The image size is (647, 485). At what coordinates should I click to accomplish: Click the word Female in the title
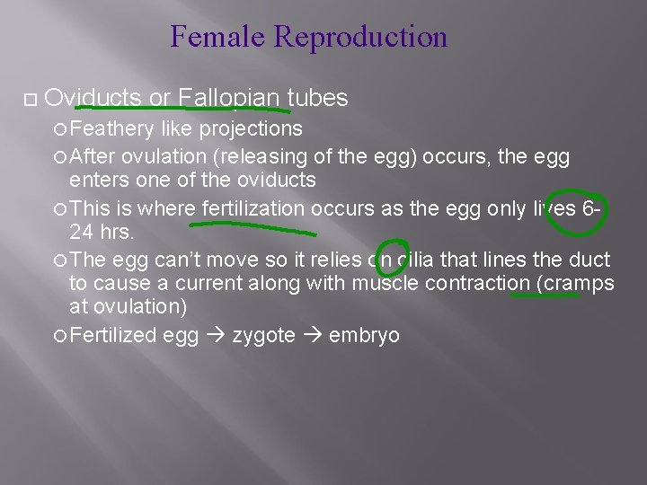218,38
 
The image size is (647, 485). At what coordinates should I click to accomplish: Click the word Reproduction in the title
361,38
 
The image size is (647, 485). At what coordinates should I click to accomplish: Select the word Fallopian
233,97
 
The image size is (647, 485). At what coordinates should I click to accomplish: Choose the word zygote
265,336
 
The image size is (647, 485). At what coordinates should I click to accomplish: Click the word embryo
364,336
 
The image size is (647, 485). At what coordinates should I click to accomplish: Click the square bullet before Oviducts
31,97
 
